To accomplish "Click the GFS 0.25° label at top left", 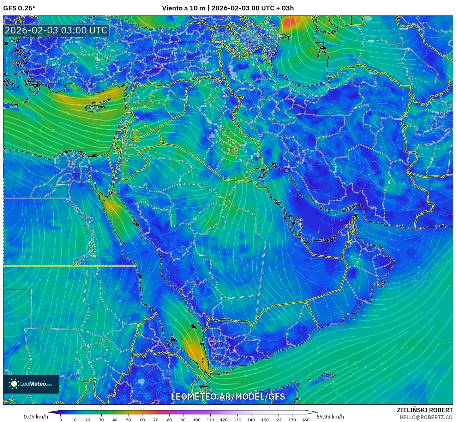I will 19,8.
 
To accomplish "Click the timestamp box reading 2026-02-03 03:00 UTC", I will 56,30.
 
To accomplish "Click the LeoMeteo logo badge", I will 31,384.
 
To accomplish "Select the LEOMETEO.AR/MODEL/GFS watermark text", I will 228,396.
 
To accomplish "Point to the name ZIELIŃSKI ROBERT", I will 425,410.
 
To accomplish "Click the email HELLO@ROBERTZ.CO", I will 426,417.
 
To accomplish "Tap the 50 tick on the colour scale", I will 129,419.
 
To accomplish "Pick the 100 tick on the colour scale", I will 196,419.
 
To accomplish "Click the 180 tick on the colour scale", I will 305,419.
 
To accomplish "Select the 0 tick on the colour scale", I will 61,419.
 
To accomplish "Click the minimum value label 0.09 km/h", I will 36,417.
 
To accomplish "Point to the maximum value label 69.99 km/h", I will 330,417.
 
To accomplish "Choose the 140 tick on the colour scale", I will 251,419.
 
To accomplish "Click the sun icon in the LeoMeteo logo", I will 14,384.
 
